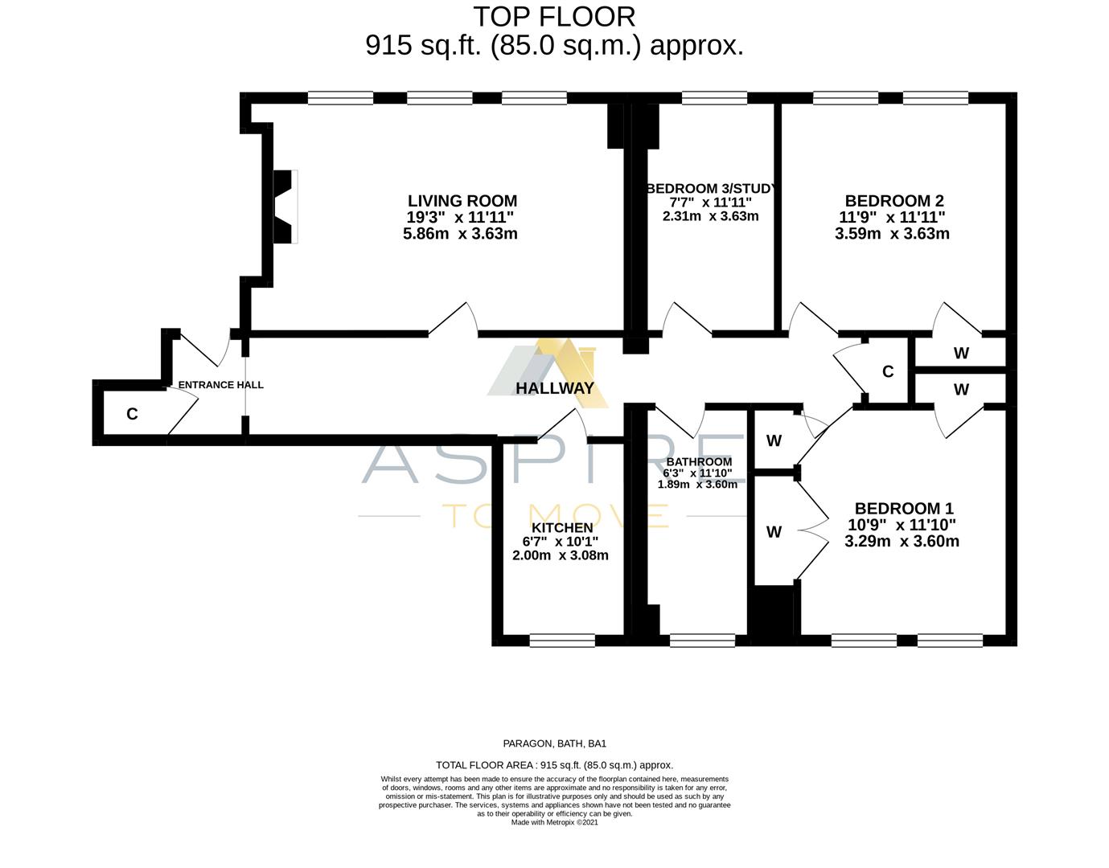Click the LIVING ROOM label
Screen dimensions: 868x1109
tap(462, 201)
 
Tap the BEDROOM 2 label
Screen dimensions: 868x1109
tap(893, 201)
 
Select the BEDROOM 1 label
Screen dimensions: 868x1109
tap(903, 508)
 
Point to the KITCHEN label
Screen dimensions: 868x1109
tap(562, 528)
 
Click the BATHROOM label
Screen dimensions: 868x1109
tap(699, 462)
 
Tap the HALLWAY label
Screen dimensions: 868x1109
tap(555, 388)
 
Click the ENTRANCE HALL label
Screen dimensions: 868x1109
tap(220, 385)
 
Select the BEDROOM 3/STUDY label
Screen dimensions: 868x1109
tap(711, 189)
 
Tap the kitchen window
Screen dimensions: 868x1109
tap(562, 641)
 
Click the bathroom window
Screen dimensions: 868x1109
tap(702, 641)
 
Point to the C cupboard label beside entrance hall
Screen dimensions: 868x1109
tap(132, 414)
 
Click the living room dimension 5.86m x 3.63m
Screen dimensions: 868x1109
tap(460, 234)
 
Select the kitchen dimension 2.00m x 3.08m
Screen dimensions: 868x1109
tap(560, 555)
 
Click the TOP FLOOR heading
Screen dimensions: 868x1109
tap(554, 16)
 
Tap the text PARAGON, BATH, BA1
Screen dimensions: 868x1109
tap(554, 744)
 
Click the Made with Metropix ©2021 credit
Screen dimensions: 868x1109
tap(554, 822)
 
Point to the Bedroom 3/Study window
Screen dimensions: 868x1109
tap(714, 98)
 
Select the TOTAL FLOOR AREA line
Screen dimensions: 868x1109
tap(554, 765)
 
